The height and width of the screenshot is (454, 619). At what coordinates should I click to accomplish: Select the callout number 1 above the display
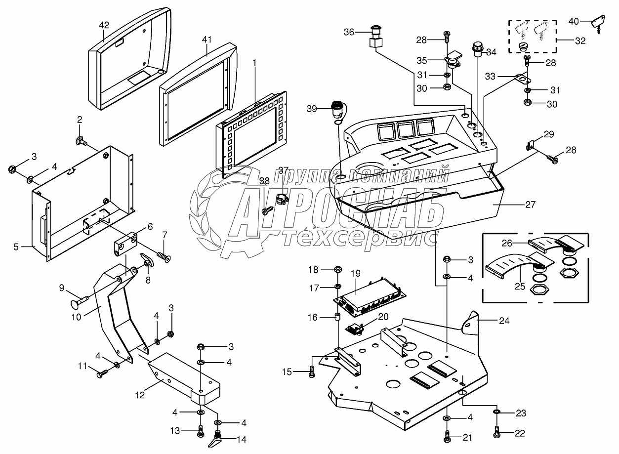click(255, 63)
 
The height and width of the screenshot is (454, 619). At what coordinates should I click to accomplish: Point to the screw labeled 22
click(496, 432)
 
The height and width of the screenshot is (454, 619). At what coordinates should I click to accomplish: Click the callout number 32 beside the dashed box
click(580, 41)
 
